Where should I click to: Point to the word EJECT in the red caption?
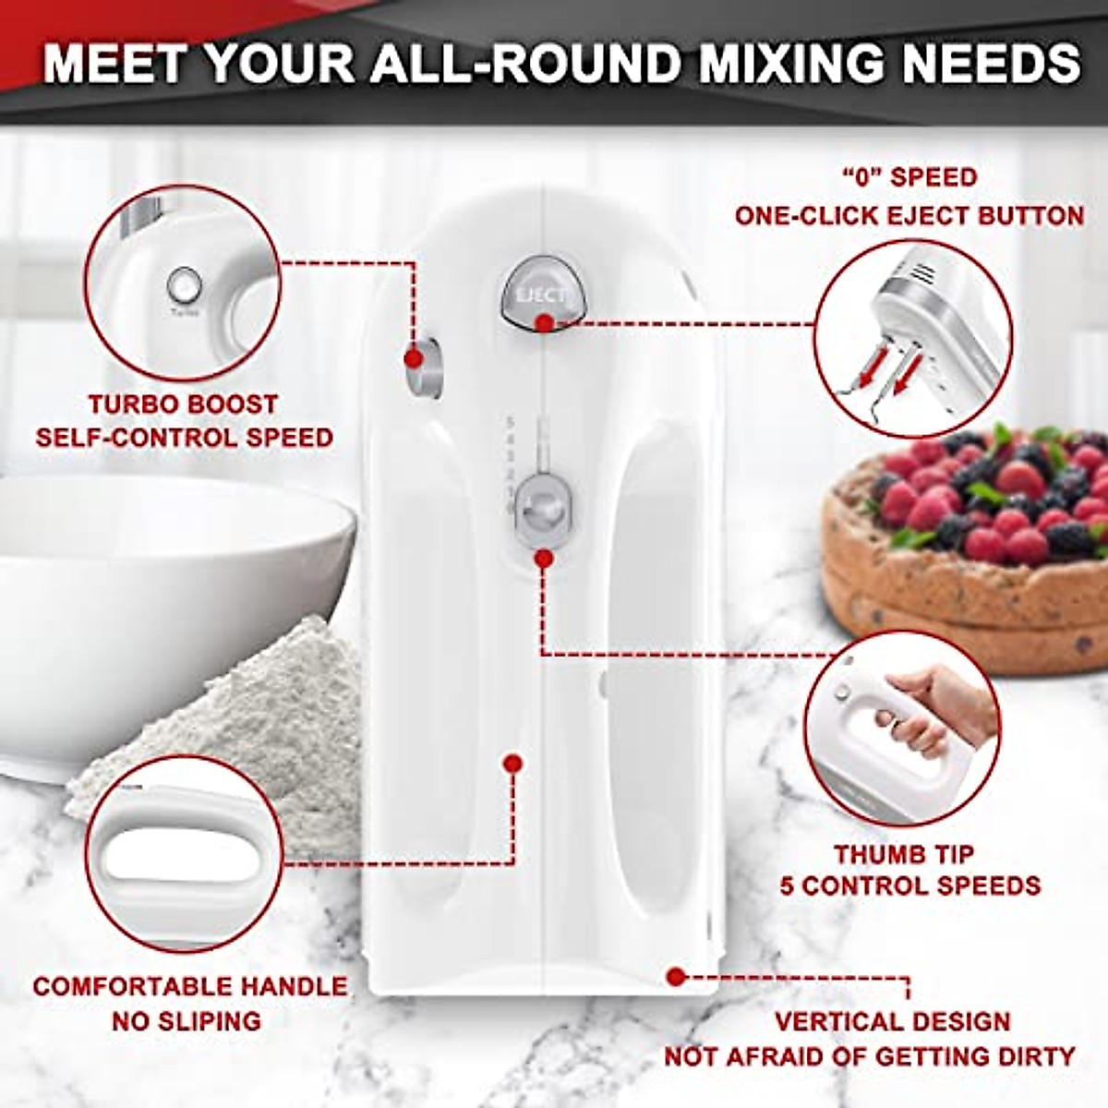point(929,216)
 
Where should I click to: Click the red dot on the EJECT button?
point(545,323)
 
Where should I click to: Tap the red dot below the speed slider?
point(544,559)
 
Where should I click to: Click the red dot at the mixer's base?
point(676,976)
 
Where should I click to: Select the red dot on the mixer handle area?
point(512,763)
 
